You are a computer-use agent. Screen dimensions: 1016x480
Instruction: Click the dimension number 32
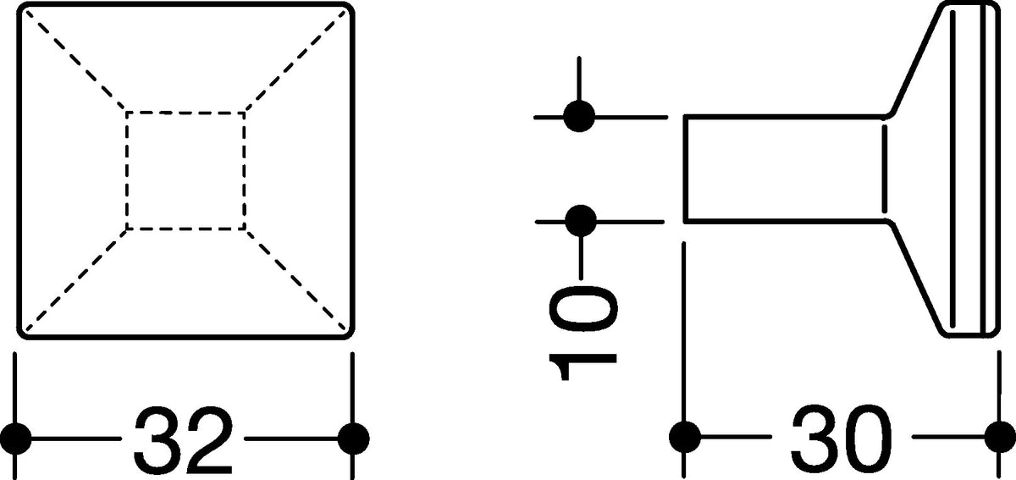point(184,439)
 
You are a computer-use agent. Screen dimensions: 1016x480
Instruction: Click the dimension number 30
point(842,438)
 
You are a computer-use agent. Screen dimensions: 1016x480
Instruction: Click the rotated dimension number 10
point(583,334)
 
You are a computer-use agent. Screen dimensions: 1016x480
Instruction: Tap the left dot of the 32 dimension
point(15,439)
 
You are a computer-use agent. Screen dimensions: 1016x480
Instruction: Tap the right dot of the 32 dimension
point(354,439)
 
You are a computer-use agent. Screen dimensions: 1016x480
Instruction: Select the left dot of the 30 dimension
point(685,437)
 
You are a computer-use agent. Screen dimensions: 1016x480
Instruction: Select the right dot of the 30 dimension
point(1001,437)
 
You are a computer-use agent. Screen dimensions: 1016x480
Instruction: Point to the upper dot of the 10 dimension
point(579,117)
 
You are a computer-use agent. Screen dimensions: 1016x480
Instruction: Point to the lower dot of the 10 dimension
point(581,221)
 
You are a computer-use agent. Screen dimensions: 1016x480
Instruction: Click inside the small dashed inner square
point(186,171)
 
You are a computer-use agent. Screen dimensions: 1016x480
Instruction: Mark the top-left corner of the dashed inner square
point(126,112)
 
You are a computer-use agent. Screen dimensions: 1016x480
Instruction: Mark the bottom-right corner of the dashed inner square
point(246,229)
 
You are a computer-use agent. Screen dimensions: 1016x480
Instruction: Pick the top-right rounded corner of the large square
point(348,8)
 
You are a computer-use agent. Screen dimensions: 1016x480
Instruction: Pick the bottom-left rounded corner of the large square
point(23,333)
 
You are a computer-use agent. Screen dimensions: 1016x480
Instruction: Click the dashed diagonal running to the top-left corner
point(75,60)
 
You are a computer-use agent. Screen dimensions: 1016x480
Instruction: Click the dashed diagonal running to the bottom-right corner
point(295,279)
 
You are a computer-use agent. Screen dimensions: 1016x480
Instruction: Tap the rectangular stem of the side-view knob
point(786,169)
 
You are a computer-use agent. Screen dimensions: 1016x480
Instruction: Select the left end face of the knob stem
point(685,169)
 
